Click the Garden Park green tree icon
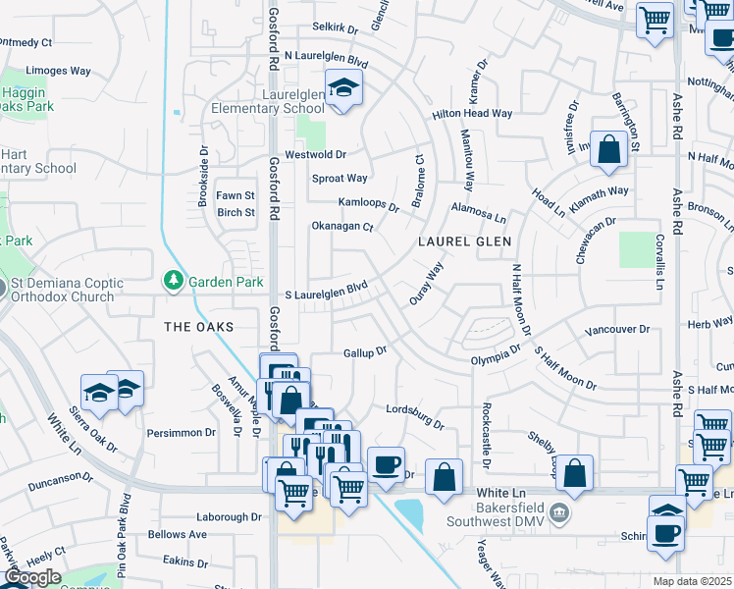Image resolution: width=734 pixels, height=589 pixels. point(174,282)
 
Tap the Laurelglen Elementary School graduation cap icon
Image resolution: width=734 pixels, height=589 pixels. point(343,87)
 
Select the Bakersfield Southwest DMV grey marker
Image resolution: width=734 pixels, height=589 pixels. point(556,511)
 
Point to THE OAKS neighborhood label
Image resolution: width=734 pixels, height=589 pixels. point(199,326)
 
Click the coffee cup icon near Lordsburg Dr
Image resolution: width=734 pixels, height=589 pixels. point(386,464)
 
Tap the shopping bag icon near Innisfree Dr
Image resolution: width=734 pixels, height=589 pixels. point(608,149)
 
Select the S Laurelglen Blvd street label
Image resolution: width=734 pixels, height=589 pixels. point(326,294)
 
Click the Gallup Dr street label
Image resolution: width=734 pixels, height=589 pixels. point(366,351)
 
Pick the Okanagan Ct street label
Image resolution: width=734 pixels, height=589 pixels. point(342,227)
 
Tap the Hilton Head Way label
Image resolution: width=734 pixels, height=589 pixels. point(473,114)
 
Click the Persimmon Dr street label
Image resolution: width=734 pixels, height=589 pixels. point(182,432)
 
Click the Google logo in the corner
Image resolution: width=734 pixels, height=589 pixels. point(33,576)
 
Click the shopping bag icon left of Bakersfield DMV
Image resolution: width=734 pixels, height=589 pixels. point(445,477)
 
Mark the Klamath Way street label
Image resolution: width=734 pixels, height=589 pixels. point(596,191)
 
